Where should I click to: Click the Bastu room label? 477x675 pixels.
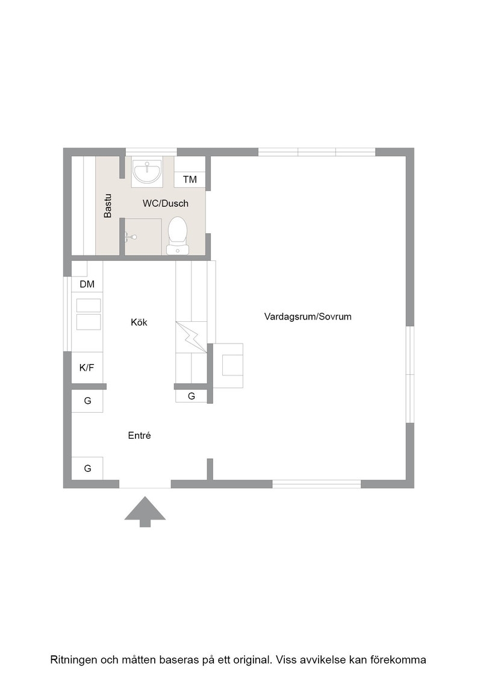(x=108, y=206)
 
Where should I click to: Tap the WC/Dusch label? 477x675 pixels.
(x=166, y=203)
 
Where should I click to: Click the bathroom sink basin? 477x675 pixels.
(x=147, y=172)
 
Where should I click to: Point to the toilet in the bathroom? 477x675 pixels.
(x=178, y=236)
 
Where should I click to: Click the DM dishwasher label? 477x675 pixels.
(x=87, y=284)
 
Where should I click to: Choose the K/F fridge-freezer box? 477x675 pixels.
(x=87, y=367)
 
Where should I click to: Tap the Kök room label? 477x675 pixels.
(x=139, y=322)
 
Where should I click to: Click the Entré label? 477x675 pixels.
(x=139, y=435)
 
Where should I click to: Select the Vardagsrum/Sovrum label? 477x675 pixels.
(x=308, y=316)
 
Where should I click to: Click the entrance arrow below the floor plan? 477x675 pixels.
(x=145, y=512)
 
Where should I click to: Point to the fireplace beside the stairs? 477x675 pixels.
(x=228, y=365)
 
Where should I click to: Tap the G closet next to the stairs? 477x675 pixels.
(x=192, y=396)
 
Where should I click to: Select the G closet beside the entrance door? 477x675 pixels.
(x=87, y=468)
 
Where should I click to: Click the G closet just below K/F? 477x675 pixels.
(x=87, y=401)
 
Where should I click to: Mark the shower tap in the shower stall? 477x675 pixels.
(x=131, y=236)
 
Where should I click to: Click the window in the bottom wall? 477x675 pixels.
(x=316, y=485)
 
